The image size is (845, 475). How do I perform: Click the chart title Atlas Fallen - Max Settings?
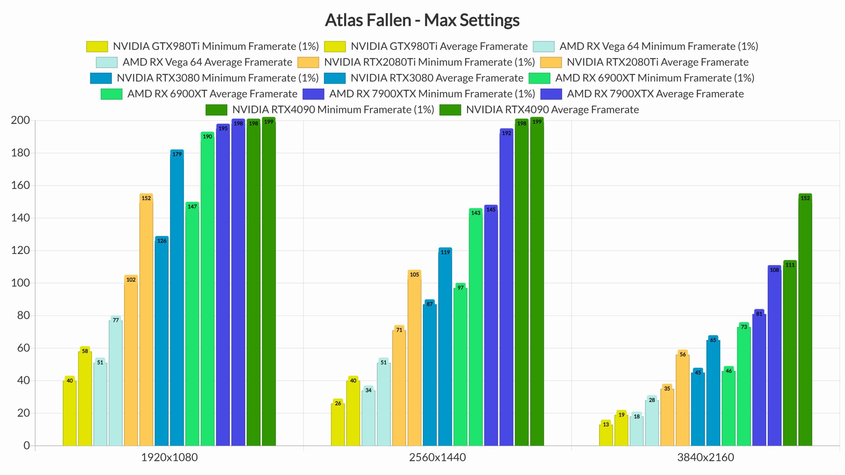pyautogui.click(x=422, y=20)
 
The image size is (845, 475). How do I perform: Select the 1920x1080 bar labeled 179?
pyautogui.click(x=177, y=298)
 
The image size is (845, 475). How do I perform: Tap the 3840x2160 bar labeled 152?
pyautogui.click(x=805, y=320)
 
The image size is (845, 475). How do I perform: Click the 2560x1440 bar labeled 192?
pyautogui.click(x=506, y=287)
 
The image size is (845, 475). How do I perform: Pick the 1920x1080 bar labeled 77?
pyautogui.click(x=116, y=381)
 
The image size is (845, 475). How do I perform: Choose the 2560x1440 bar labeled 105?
pyautogui.click(x=414, y=358)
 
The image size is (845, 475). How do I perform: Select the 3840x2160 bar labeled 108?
pyautogui.click(x=774, y=355)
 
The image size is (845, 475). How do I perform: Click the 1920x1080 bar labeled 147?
pyautogui.click(x=192, y=324)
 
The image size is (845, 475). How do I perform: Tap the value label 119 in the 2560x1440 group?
pyautogui.click(x=445, y=252)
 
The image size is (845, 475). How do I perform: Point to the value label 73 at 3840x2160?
pyautogui.click(x=744, y=327)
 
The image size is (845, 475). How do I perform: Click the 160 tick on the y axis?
pyautogui.click(x=20, y=185)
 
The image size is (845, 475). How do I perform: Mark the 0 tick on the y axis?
pyautogui.click(x=27, y=445)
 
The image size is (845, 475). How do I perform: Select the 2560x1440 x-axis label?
pyautogui.click(x=437, y=457)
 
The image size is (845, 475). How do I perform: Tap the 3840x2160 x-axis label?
pyautogui.click(x=706, y=457)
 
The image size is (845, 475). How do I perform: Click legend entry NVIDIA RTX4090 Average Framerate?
pyautogui.click(x=539, y=110)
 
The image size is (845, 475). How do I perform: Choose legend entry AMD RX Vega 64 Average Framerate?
pyautogui.click(x=194, y=62)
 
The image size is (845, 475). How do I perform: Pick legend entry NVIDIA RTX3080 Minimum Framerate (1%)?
pyautogui.click(x=205, y=78)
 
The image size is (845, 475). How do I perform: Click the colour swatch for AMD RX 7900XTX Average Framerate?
pyautogui.click(x=551, y=94)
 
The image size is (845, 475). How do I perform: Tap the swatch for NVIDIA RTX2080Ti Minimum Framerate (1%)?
pyautogui.click(x=308, y=62)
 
